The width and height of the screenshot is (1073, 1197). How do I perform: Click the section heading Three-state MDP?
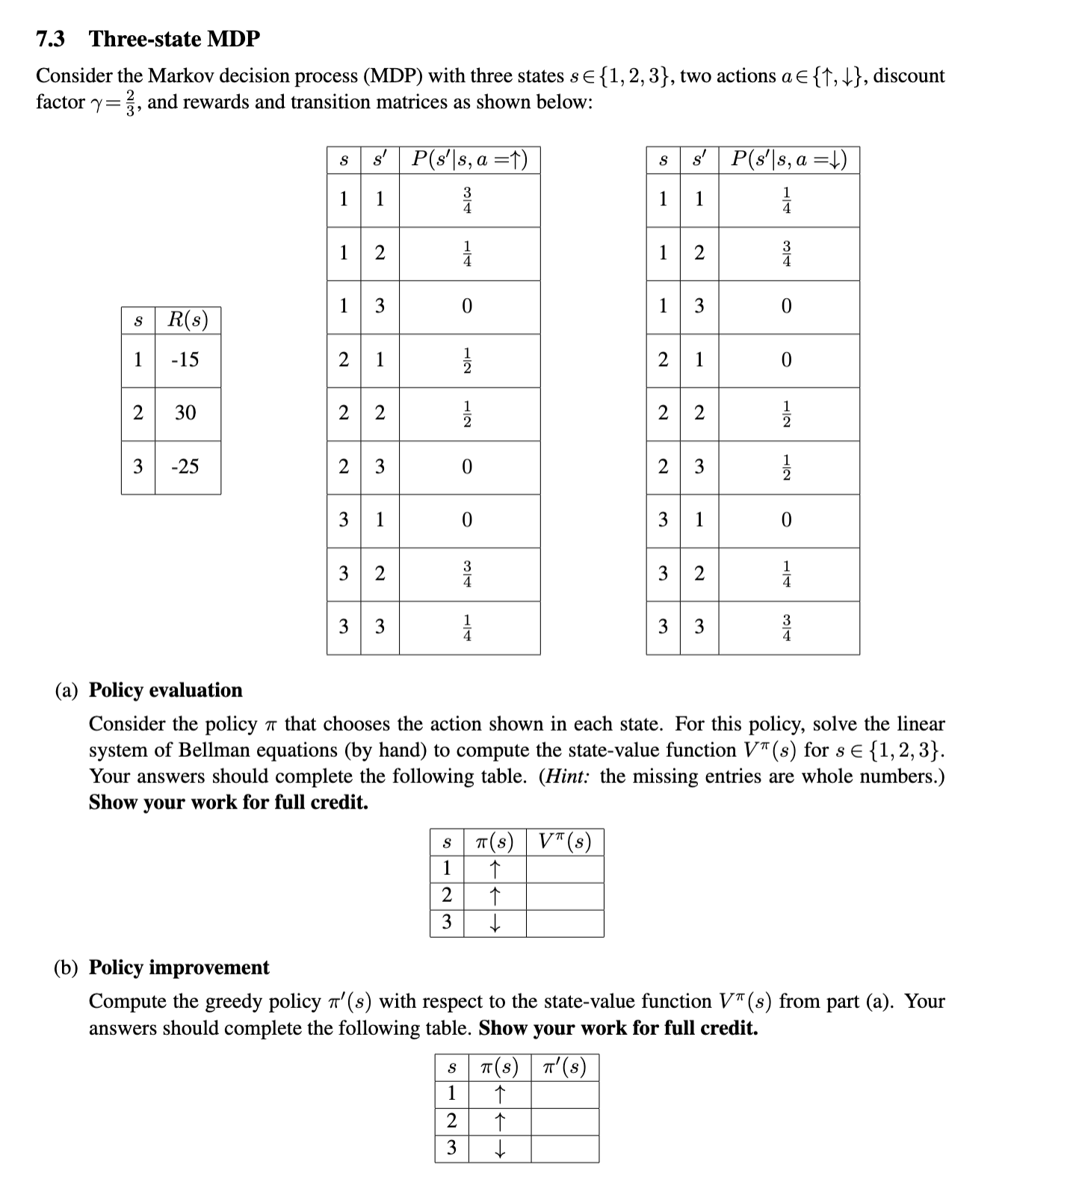click(174, 39)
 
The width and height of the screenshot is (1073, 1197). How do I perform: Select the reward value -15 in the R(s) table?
click(185, 359)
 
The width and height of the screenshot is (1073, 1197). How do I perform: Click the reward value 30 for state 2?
click(185, 412)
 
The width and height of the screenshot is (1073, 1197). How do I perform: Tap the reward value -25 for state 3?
click(185, 466)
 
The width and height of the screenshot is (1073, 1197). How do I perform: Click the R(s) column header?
click(188, 320)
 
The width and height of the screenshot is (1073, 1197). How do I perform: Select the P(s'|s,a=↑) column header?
click(469, 159)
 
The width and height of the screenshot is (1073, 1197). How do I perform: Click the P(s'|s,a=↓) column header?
click(788, 159)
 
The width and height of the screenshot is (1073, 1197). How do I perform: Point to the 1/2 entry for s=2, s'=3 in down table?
click(786, 467)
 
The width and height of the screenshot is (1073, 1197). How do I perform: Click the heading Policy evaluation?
click(166, 690)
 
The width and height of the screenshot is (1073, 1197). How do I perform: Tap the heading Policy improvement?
click(179, 967)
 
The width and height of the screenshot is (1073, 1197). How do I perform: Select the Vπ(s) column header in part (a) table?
click(564, 842)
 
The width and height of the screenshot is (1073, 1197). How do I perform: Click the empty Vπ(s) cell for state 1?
click(564, 868)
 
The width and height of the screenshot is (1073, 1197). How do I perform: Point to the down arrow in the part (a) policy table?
click(494, 924)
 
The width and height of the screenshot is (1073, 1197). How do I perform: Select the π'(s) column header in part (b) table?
click(564, 1067)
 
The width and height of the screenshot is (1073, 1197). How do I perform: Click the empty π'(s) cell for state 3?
click(564, 1148)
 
